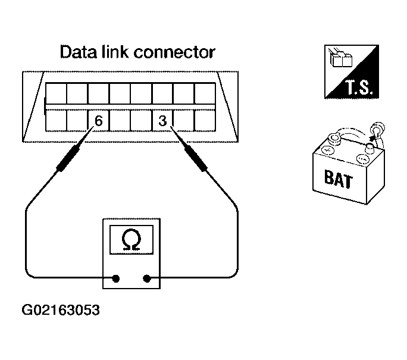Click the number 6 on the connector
point(99,121)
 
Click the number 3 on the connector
point(162,121)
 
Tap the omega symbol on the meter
point(132,239)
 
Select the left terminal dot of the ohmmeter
point(116,277)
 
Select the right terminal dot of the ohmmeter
point(148,277)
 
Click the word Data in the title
point(79,52)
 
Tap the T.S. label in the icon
point(357,89)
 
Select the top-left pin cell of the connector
point(56,93)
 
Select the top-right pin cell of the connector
point(205,93)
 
